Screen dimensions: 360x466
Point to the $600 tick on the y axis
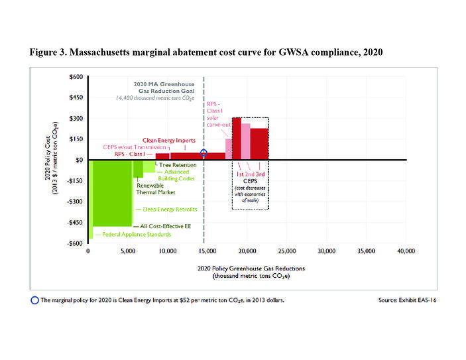76,77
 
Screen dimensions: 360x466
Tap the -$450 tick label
76,222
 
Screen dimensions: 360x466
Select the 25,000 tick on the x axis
286,252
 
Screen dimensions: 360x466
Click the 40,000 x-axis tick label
406,252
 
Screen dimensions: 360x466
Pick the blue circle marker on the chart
204,153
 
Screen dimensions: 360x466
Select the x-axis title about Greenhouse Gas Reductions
247,271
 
